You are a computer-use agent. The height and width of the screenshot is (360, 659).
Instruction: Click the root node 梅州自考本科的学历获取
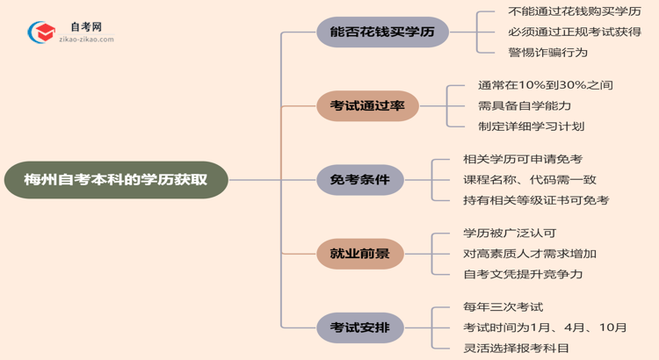point(115,180)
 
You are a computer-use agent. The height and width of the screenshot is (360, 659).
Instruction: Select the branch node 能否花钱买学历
point(382,33)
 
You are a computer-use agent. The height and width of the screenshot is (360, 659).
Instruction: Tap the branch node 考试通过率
point(367,106)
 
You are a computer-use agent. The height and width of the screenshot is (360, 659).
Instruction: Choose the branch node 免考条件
point(359,180)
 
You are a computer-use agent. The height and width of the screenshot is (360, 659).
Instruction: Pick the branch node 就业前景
point(359,254)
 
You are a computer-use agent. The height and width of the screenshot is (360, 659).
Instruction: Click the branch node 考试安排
point(359,328)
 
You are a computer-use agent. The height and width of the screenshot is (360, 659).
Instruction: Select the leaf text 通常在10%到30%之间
point(545,86)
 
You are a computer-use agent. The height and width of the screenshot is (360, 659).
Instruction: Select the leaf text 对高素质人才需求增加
point(530,254)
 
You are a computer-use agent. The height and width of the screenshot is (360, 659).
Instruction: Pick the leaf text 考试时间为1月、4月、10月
point(545,328)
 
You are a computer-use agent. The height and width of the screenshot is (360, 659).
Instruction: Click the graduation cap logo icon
point(40,33)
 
